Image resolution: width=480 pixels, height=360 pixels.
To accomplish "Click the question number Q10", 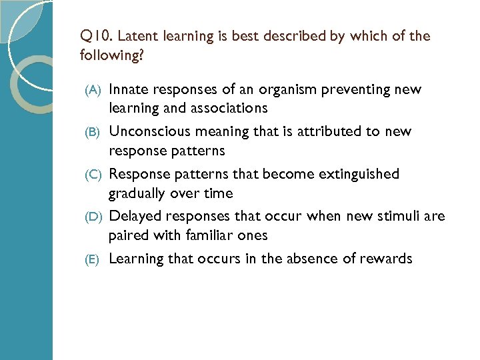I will coord(95,36).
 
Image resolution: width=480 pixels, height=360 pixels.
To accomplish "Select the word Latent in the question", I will coord(137,36).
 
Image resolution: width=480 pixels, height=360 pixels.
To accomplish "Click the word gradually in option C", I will coord(137,194).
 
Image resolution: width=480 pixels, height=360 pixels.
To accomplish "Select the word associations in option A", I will coord(231,108).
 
